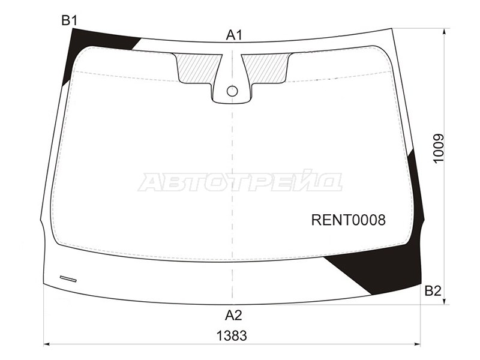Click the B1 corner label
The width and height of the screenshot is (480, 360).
point(70,20)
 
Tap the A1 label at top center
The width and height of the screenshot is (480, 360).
point(234,35)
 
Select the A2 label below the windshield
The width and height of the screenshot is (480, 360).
point(233,315)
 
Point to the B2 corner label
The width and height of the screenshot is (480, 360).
point(433,291)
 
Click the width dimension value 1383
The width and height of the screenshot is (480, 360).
point(232,336)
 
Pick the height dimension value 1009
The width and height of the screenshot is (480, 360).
point(438,149)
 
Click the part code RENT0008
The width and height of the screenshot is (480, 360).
point(349,220)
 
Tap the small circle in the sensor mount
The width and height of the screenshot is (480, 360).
point(232,91)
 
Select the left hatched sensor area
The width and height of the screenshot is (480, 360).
point(197,67)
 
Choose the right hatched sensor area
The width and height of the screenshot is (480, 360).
point(267,67)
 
